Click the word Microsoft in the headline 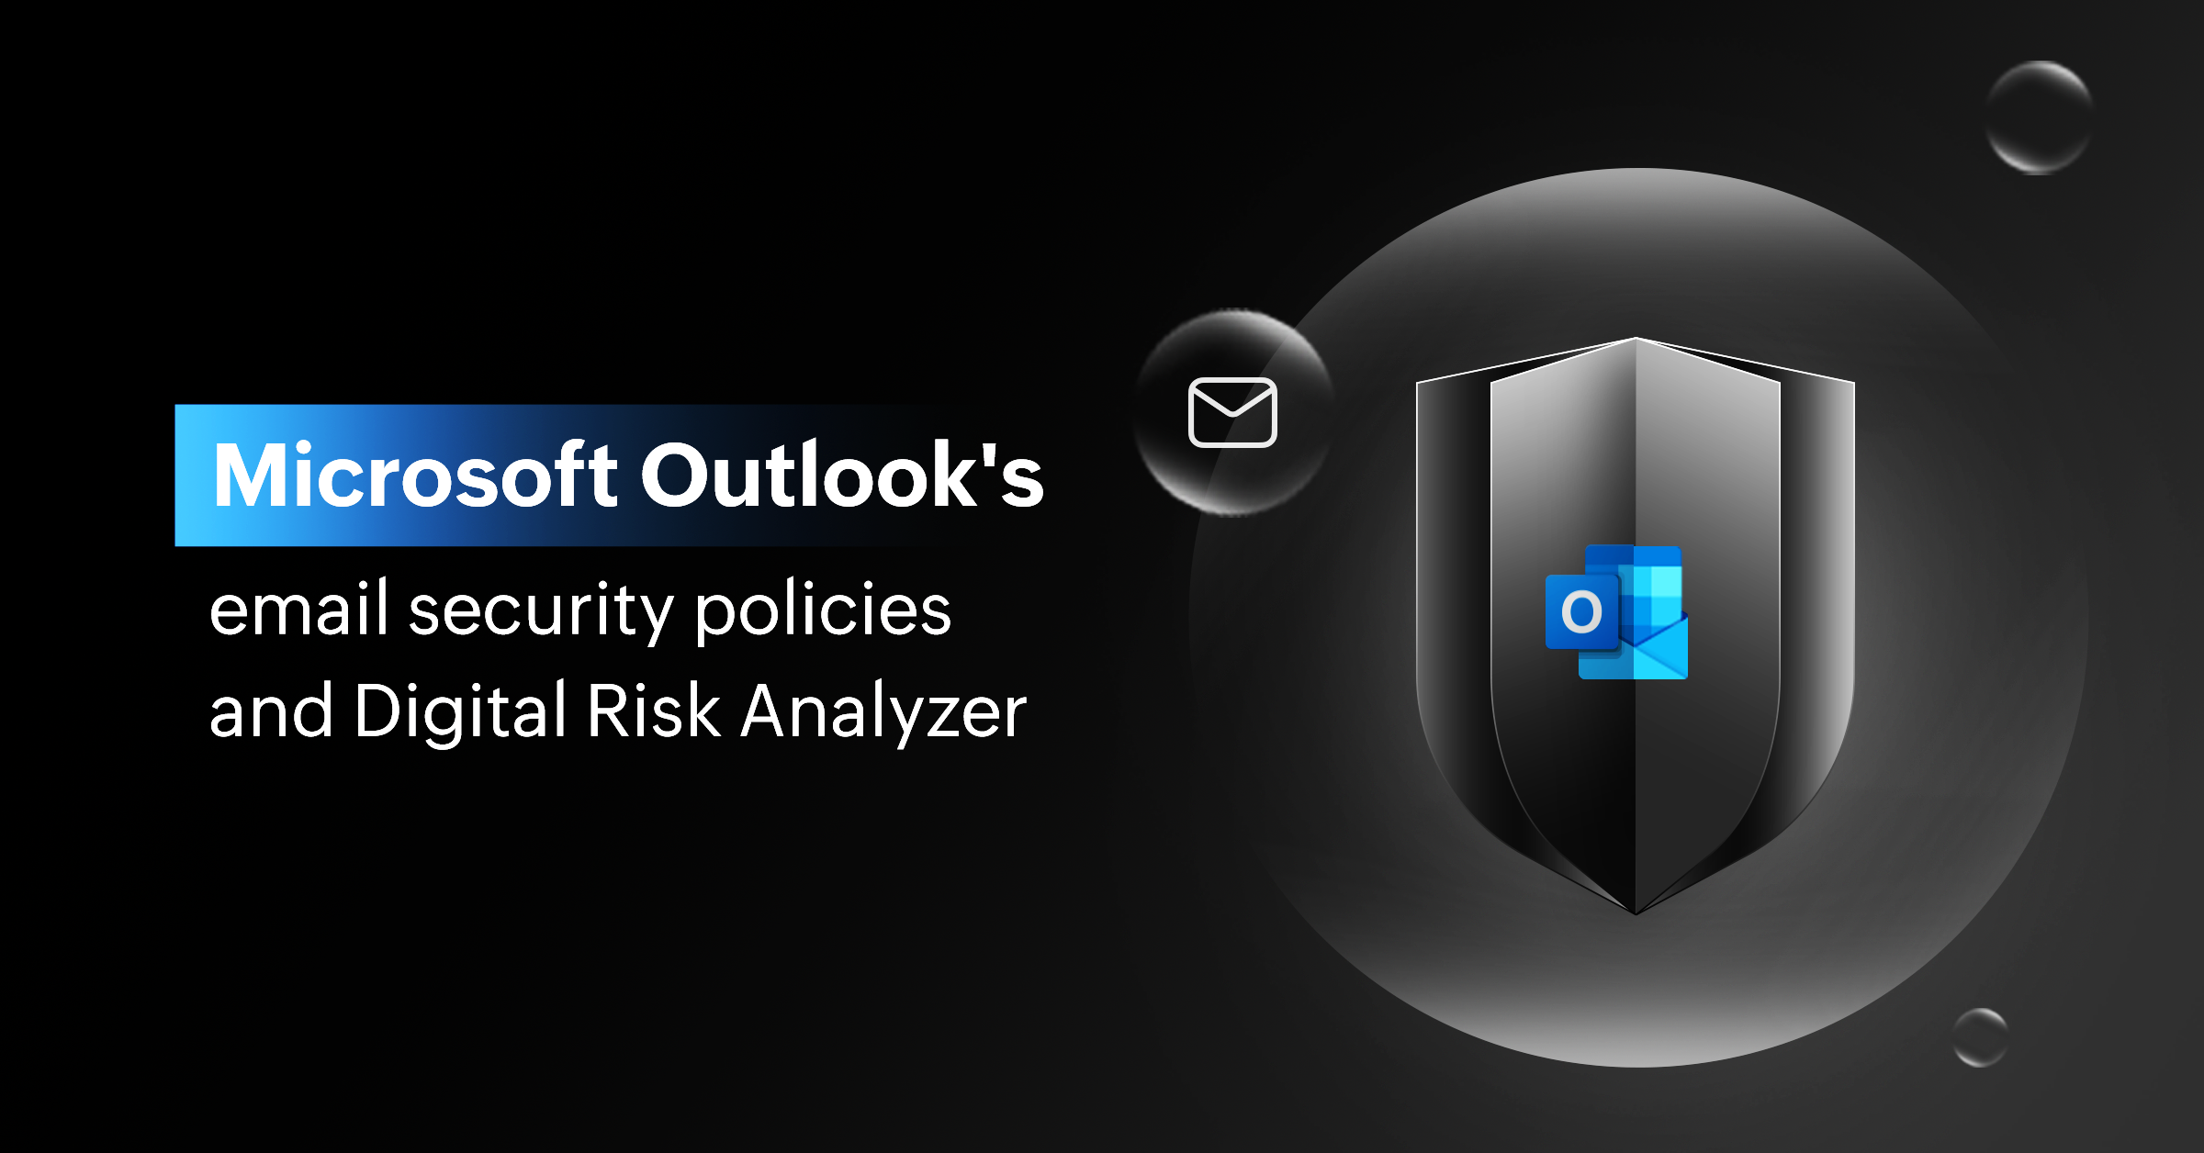[x=415, y=475]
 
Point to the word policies [x=823, y=609]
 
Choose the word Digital [x=460, y=712]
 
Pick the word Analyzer [x=883, y=712]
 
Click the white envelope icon [x=1232, y=412]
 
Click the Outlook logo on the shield [x=1617, y=612]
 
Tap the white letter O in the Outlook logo [x=1581, y=612]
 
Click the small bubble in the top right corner [x=2039, y=117]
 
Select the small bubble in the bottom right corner [x=1980, y=1037]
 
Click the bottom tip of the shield [x=1636, y=914]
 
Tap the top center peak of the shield [x=1636, y=338]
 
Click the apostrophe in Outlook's [x=989, y=455]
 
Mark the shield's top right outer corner [x=1854, y=382]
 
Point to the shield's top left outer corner [x=1417, y=382]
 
